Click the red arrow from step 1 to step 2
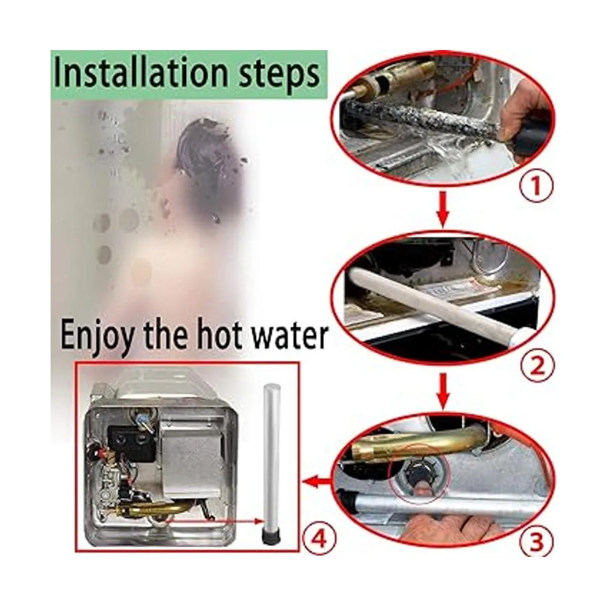click(x=442, y=209)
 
